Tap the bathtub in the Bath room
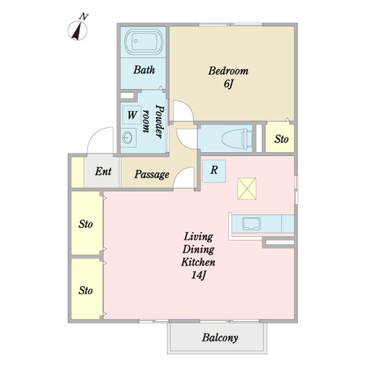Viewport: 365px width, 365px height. (143, 42)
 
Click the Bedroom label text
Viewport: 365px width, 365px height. (228, 71)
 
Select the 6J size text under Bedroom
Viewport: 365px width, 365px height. (228, 84)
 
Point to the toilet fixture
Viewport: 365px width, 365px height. (237, 139)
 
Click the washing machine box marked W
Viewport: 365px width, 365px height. (132, 115)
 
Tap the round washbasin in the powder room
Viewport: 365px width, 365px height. (128, 137)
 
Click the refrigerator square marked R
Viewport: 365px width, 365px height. (214, 171)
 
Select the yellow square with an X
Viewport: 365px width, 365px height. (247, 189)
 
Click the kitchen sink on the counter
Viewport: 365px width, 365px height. (251, 224)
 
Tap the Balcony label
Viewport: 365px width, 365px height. (220, 338)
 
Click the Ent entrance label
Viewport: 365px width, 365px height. (103, 171)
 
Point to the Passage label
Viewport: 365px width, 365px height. (152, 174)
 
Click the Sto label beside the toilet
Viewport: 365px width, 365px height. (281, 139)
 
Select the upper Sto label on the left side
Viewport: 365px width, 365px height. (86, 224)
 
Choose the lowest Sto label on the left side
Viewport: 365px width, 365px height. (86, 290)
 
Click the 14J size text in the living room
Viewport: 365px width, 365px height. (199, 275)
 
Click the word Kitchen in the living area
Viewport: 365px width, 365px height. (198, 262)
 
